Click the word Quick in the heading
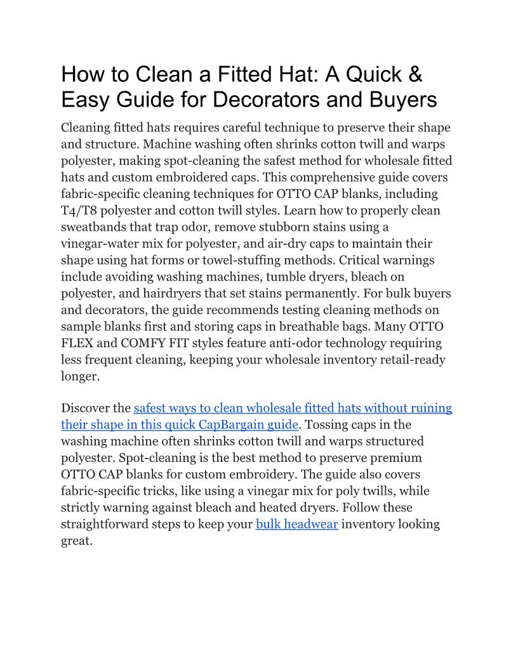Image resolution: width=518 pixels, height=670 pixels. [368, 74]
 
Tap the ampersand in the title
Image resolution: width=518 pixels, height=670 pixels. [413, 74]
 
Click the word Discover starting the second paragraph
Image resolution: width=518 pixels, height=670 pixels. [86, 408]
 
